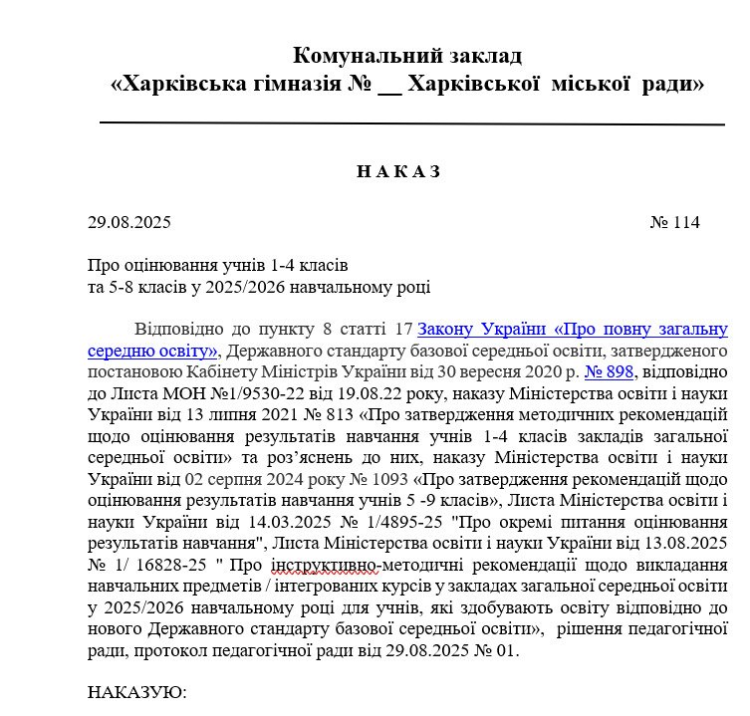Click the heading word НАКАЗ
(x=398, y=171)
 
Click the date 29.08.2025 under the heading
(x=129, y=222)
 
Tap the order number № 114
(x=674, y=222)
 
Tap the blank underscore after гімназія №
(x=389, y=86)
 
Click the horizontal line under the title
(x=412, y=122)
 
